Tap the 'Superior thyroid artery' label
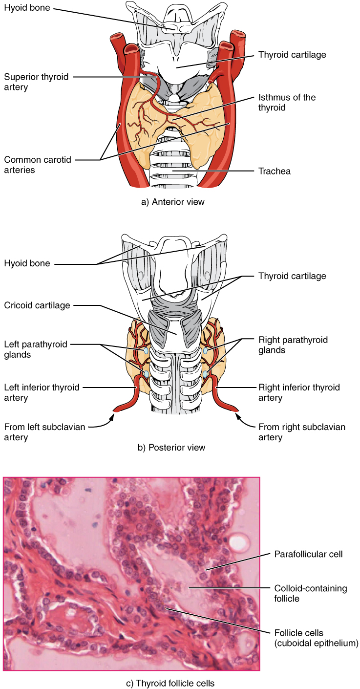pyautogui.click(x=36, y=82)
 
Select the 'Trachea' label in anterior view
pyautogui.click(x=274, y=171)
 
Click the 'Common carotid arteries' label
pyautogui.click(x=36, y=165)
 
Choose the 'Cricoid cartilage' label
pyautogui.click(x=37, y=305)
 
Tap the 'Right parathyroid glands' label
pyautogui.click(x=293, y=344)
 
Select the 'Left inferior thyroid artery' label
pyautogui.click(x=42, y=392)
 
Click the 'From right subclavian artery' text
pyautogui.click(x=301, y=432)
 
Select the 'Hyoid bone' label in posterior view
pyautogui.click(x=27, y=263)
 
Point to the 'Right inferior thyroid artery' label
pyautogui.click(x=299, y=392)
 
